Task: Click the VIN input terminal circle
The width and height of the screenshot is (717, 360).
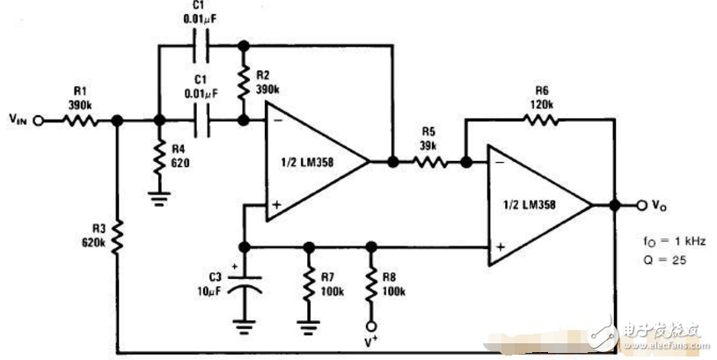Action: [x=38, y=123]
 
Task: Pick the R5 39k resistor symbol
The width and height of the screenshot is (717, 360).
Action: [x=429, y=162]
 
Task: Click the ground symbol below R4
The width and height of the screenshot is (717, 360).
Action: [x=159, y=198]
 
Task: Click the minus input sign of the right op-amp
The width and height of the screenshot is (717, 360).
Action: [x=499, y=164]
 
